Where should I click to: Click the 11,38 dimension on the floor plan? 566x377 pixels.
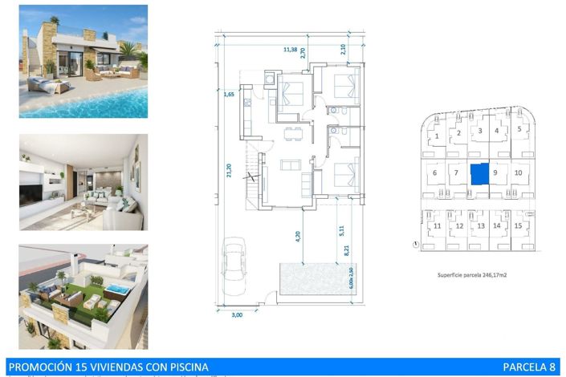click(295, 49)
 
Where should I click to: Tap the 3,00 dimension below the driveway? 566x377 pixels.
click(237, 315)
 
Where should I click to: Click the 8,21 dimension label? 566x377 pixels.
click(348, 250)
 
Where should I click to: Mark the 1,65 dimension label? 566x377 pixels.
click(229, 95)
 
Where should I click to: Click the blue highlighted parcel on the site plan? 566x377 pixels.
click(478, 173)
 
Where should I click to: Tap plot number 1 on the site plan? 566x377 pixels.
click(436, 136)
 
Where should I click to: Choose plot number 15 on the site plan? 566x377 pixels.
click(519, 226)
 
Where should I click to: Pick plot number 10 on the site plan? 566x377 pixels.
click(518, 172)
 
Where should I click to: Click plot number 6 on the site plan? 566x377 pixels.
click(434, 172)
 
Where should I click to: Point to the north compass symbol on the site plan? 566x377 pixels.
click(415, 245)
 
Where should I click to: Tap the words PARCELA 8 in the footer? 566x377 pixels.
click(529, 367)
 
